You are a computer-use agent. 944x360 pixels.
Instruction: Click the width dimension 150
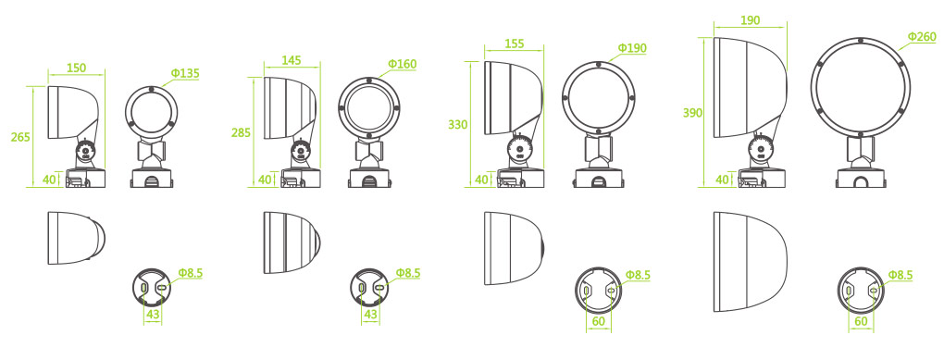pyautogui.click(x=76, y=68)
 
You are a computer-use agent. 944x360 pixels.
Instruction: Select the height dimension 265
pyautogui.click(x=20, y=137)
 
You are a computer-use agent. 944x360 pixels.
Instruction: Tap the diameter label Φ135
pyautogui.click(x=185, y=73)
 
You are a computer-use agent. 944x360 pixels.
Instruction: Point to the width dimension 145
pyautogui.click(x=292, y=60)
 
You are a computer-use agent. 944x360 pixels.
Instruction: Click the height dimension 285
pyautogui.click(x=242, y=133)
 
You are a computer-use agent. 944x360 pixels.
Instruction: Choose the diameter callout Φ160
pyautogui.click(x=403, y=64)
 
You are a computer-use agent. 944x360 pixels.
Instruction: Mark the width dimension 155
pyautogui.click(x=515, y=43)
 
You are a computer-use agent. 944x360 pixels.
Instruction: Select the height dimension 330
pyautogui.click(x=458, y=125)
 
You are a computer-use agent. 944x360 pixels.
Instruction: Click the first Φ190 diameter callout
pyautogui.click(x=632, y=47)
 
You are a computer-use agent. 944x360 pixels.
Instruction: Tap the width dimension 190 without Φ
pyautogui.click(x=750, y=19)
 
